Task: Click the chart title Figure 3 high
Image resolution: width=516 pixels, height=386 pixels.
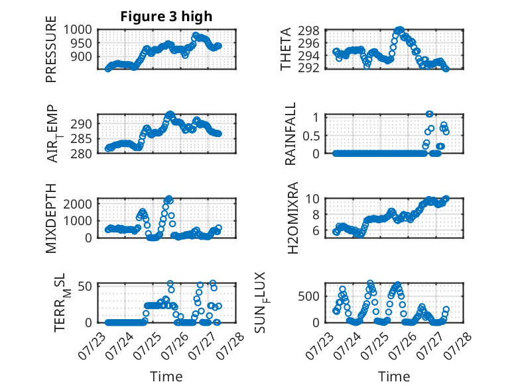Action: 166,17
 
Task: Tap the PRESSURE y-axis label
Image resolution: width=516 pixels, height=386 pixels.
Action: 51,49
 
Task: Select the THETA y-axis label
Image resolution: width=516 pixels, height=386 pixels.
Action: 286,49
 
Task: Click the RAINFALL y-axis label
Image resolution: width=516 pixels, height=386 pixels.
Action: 290,134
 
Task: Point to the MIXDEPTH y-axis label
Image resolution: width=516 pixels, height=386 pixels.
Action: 51,218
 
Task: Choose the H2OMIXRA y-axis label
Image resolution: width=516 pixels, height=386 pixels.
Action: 292,218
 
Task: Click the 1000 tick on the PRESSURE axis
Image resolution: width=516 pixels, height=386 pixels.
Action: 78,30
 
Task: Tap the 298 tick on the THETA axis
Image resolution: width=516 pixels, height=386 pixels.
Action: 308,31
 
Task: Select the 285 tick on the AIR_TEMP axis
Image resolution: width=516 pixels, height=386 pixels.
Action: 81,139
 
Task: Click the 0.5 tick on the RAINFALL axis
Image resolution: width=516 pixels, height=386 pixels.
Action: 311,135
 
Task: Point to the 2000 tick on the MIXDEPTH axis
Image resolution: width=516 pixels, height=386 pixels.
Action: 78,204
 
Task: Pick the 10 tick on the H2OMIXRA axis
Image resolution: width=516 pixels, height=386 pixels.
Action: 312,199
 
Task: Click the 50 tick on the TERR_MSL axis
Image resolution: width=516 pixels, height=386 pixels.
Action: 85,286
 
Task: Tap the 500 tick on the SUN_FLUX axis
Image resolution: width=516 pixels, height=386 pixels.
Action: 308,297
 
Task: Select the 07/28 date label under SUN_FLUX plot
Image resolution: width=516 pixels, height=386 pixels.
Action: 458,346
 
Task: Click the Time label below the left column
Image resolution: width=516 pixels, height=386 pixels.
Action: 166,377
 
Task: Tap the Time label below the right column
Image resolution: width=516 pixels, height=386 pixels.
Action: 394,377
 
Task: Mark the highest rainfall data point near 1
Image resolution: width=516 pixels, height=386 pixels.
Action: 429,114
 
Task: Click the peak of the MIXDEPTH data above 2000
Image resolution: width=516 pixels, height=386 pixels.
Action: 169,199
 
